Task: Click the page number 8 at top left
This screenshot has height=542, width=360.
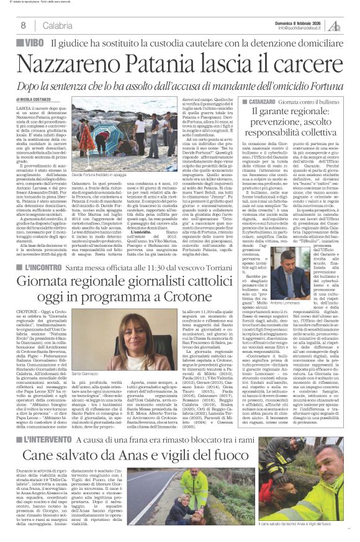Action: click(x=23, y=25)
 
